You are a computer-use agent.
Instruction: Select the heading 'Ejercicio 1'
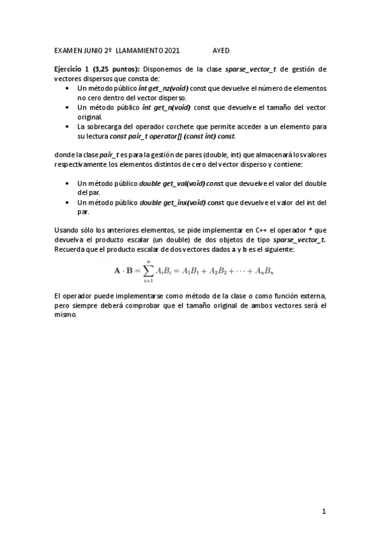pos(71,69)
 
